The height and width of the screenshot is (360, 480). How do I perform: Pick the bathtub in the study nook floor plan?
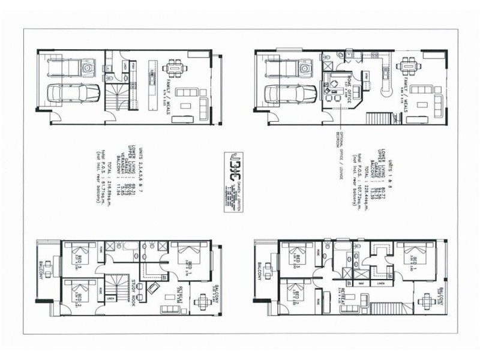pyautogui.click(x=127, y=247)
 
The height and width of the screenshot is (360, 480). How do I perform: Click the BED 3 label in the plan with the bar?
pyautogui.click(x=298, y=259)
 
